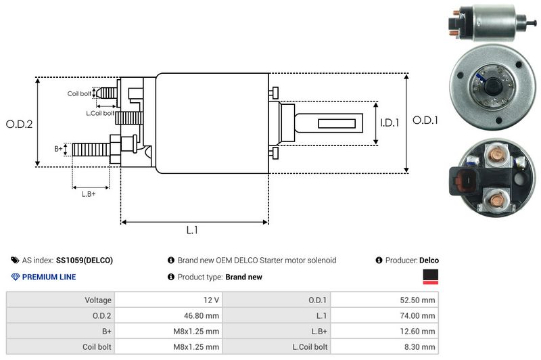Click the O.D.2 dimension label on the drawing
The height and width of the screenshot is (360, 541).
20,124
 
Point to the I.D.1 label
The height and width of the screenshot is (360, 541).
390,123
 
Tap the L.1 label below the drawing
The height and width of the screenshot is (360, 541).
193,230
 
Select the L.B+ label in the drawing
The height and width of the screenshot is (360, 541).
89,194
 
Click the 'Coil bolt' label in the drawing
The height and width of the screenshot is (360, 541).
79,93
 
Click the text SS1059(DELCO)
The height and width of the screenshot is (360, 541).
85,260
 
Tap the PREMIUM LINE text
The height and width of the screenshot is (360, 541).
49,277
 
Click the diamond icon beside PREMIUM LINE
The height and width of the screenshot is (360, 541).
16,277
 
